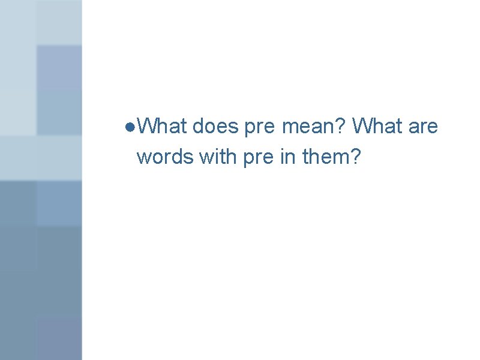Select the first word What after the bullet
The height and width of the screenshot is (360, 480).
tap(161, 127)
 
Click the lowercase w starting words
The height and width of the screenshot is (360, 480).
tap(143, 158)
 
